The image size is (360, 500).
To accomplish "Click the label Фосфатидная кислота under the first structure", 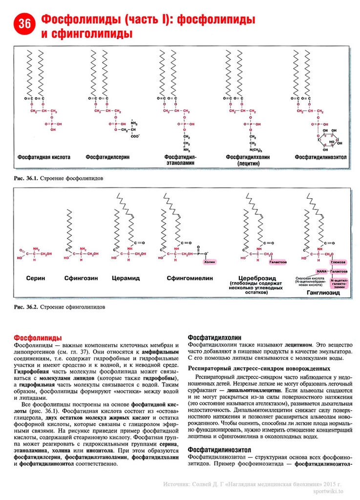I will pyautogui.click(x=44, y=158).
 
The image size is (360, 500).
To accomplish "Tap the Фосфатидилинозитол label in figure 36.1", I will pyautogui.click(x=320, y=158).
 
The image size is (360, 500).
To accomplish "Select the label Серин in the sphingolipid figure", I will pyautogui.click(x=36, y=278).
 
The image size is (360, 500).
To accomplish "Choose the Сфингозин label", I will pyautogui.click(x=81, y=278).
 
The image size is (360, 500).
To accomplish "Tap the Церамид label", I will pyautogui.click(x=126, y=278).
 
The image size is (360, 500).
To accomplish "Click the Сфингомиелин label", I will pyautogui.click(x=183, y=278).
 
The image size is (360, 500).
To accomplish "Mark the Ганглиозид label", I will pyautogui.click(x=322, y=294).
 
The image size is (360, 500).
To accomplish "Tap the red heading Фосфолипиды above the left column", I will pyautogui.click(x=38, y=337).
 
